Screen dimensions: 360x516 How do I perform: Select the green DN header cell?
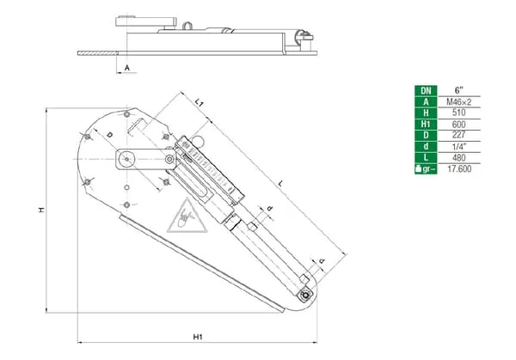click(424, 90)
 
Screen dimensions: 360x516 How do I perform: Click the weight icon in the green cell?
click(424, 168)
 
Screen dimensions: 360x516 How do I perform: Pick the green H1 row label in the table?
click(424, 124)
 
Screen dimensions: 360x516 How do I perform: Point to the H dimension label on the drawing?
click(40, 210)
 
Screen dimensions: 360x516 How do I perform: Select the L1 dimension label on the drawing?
click(200, 102)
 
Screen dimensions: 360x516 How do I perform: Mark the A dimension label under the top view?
click(126, 65)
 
